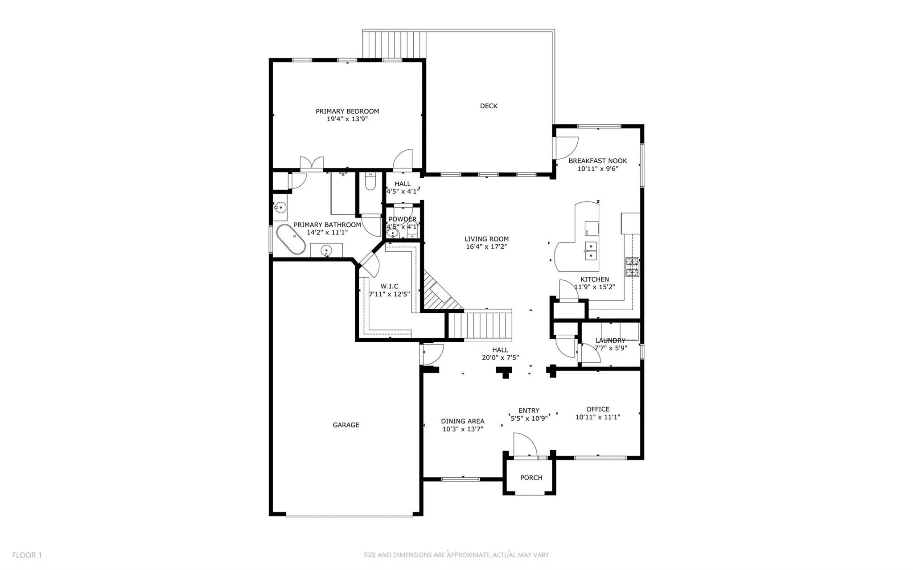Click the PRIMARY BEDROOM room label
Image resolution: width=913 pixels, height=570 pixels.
tap(347, 111)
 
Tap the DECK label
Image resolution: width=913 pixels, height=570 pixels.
tap(489, 106)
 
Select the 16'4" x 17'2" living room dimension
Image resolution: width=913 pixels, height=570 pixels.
tap(486, 246)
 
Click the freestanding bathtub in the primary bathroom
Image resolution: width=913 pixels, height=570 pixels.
tap(291, 240)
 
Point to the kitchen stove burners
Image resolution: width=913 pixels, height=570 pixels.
tap(632, 267)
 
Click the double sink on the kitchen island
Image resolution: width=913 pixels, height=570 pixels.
tap(591, 250)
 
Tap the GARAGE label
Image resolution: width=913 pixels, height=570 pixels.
tap(346, 425)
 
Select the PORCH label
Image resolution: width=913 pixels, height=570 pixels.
tap(531, 478)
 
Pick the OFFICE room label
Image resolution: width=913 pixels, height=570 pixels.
tap(598, 409)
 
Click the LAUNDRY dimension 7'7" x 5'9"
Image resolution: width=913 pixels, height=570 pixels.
tap(610, 348)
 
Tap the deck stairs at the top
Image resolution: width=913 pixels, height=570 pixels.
tap(393, 44)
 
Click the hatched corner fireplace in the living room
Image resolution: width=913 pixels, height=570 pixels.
tap(439, 295)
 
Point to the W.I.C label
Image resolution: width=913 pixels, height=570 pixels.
tap(389, 286)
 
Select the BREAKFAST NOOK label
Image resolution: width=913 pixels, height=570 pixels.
tap(597, 161)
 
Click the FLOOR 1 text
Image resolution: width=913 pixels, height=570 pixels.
tap(27, 555)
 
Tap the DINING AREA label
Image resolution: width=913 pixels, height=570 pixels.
tap(463, 421)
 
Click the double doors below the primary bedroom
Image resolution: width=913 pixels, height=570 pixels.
tap(311, 164)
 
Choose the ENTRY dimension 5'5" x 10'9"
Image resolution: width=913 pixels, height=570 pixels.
tap(529, 418)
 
